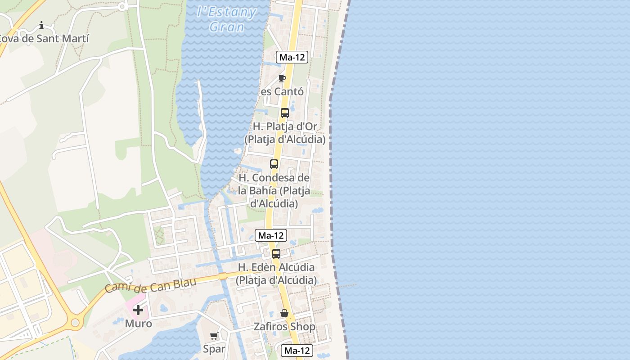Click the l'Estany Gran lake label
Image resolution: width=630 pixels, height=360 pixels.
(x=227, y=19)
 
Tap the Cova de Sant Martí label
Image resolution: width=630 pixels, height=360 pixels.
(x=44, y=39)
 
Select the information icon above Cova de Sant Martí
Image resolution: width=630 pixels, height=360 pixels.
(x=41, y=25)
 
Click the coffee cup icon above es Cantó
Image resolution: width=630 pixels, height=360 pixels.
(x=282, y=79)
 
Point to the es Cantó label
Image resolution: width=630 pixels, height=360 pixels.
(x=282, y=92)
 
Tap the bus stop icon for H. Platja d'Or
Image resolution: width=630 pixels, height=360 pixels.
(x=284, y=113)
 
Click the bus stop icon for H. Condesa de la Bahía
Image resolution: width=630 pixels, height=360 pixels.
(x=274, y=164)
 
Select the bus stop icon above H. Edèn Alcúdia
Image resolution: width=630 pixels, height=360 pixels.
(x=276, y=254)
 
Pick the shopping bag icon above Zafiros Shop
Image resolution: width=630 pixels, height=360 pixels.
(x=284, y=313)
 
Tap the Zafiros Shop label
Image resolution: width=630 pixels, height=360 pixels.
(x=284, y=327)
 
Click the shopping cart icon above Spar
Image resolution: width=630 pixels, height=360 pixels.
(x=214, y=336)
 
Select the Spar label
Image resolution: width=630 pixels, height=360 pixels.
(x=214, y=349)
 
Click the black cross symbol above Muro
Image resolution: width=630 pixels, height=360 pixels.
(x=138, y=310)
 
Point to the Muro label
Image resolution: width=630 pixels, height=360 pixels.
(x=138, y=324)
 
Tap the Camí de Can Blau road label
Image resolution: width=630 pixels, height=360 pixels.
(x=150, y=285)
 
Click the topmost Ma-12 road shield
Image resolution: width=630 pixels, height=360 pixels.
(x=292, y=57)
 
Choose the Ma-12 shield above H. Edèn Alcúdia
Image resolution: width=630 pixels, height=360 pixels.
(x=271, y=235)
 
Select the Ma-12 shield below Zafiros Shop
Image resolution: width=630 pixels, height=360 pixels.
(x=297, y=351)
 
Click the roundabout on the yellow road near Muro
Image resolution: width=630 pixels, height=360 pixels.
(x=75, y=323)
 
